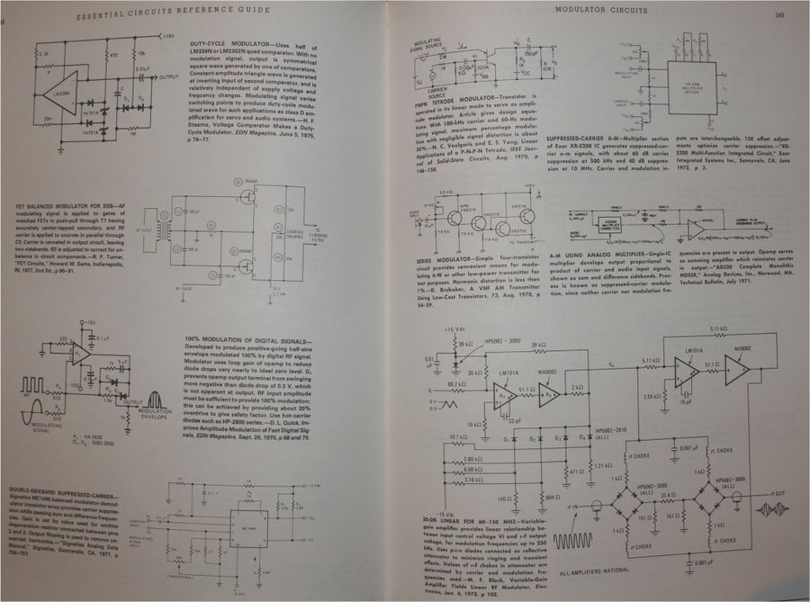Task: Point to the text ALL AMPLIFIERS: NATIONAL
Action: click(606, 571)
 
